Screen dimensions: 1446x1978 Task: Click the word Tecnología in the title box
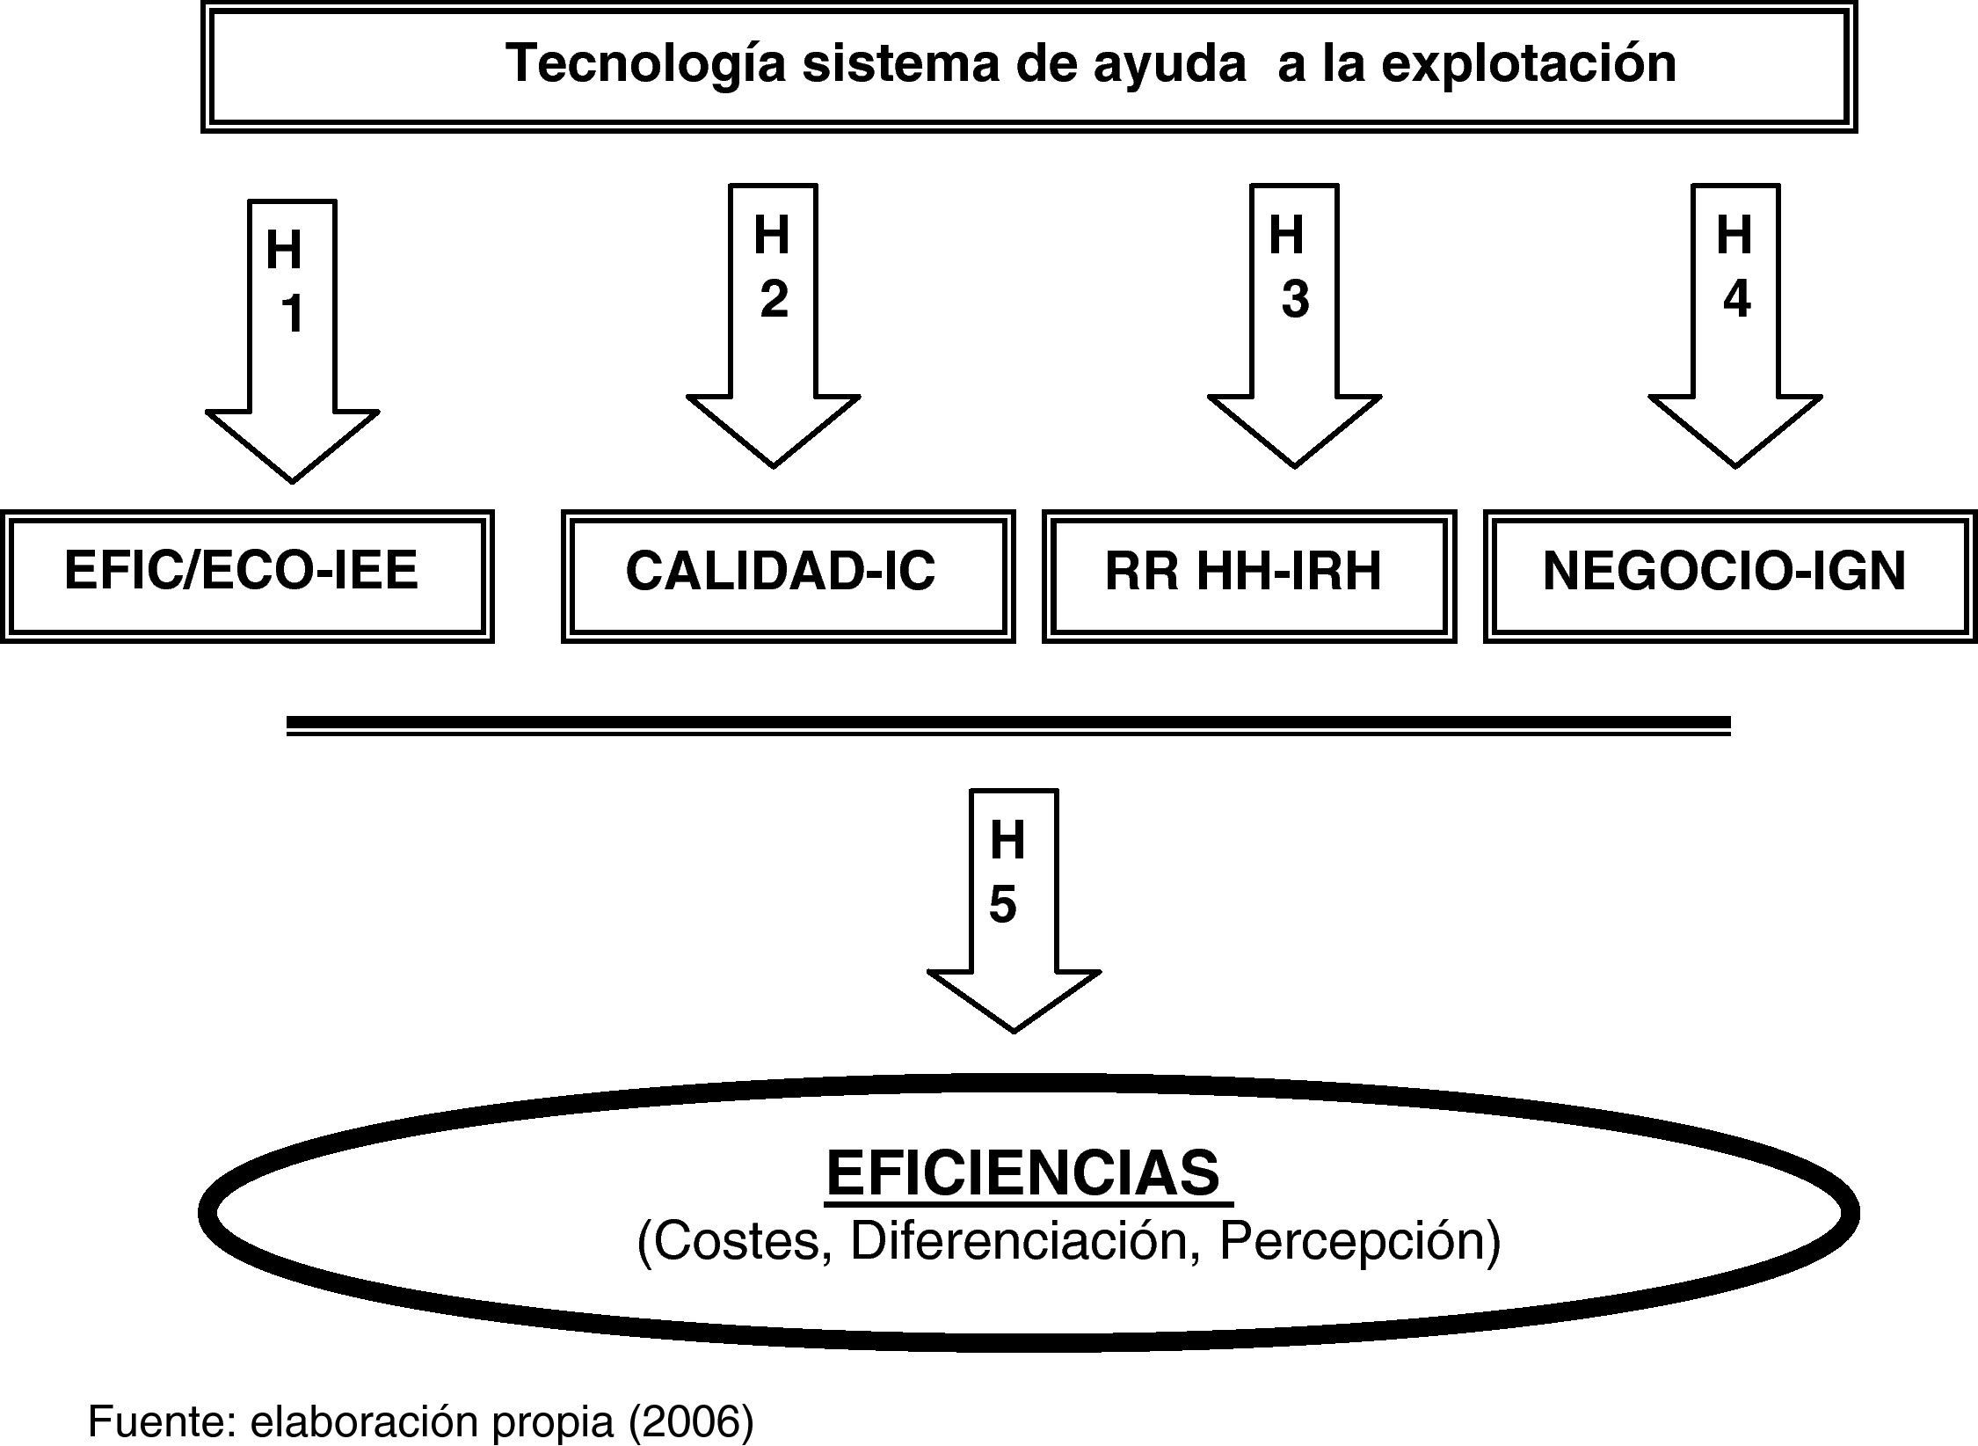tap(645, 65)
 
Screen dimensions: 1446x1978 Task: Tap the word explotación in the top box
tap(1529, 65)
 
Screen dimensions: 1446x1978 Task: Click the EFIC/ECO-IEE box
tap(246, 576)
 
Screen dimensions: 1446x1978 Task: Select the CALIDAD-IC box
tap(788, 576)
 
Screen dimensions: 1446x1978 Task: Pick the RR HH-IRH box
tap(1248, 576)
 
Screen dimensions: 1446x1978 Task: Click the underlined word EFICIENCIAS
tap(1023, 1173)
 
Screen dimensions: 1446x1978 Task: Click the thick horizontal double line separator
tap(1008, 726)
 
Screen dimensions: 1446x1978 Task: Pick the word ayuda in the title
tap(1169, 65)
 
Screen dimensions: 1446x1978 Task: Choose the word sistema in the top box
tap(901, 65)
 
